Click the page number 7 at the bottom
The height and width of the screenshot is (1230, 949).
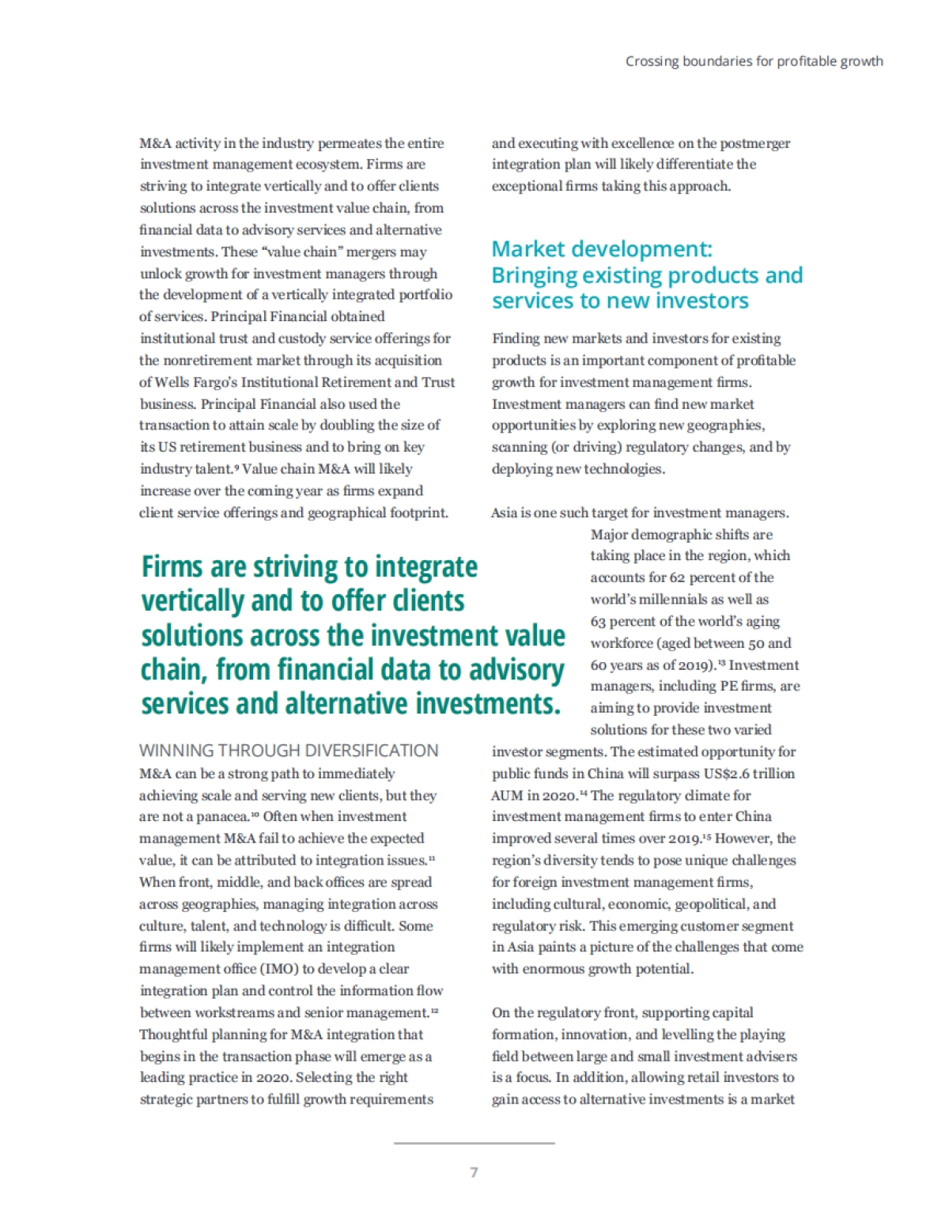point(474,1171)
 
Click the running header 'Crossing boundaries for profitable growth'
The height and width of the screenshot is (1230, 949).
point(754,61)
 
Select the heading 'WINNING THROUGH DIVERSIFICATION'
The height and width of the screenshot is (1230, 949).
point(289,750)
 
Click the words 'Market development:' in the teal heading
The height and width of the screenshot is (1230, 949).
point(602,249)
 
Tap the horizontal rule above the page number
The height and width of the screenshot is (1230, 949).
point(474,1142)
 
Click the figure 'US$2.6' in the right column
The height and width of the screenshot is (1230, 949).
point(726,773)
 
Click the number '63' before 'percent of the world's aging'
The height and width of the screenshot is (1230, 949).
point(599,621)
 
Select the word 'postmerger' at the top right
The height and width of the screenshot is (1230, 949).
point(756,143)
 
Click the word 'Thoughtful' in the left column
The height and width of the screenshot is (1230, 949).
point(174,1034)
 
